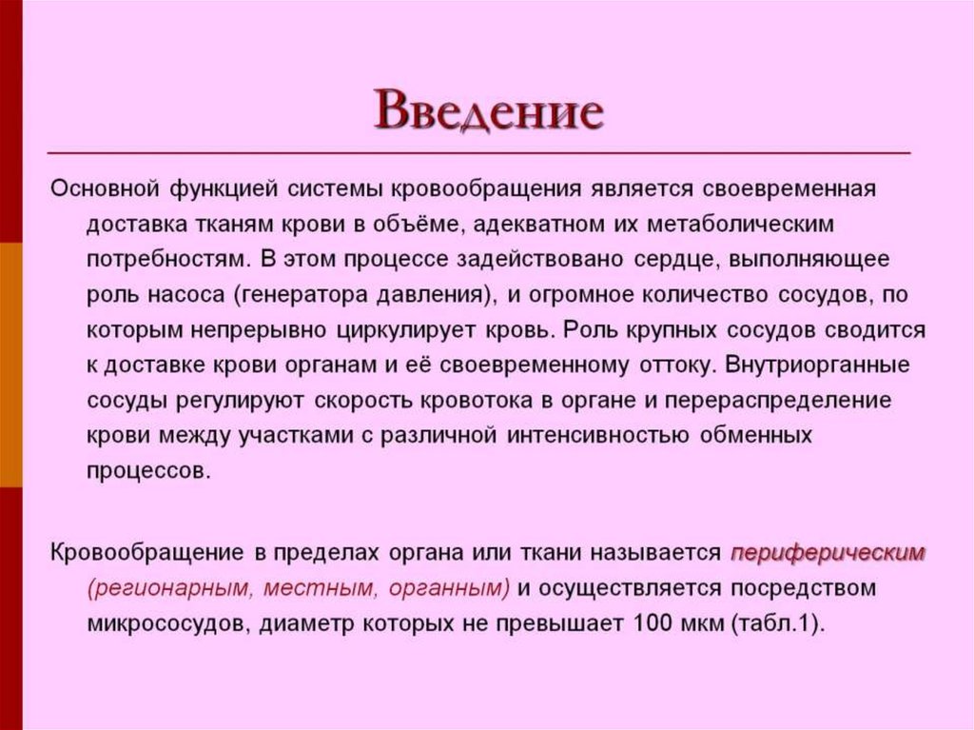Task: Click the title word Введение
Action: [x=488, y=112]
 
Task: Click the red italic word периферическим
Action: [x=827, y=553]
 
